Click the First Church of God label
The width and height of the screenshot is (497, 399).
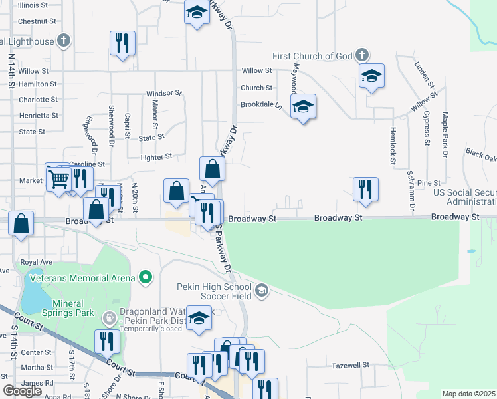click(x=311, y=56)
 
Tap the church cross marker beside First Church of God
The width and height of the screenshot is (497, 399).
click(x=361, y=54)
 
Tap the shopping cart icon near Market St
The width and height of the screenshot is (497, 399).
click(x=58, y=178)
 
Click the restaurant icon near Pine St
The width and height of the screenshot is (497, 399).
click(x=365, y=189)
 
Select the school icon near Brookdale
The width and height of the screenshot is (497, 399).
click(x=303, y=106)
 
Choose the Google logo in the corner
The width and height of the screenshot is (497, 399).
click(x=22, y=390)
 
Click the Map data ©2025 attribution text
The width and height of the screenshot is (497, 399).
click(x=469, y=394)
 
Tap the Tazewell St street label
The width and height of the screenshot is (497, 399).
click(x=350, y=365)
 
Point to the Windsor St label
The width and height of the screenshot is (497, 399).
click(x=163, y=94)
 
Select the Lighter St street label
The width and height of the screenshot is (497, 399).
click(x=156, y=157)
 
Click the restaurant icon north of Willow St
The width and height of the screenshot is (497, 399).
click(x=122, y=43)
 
